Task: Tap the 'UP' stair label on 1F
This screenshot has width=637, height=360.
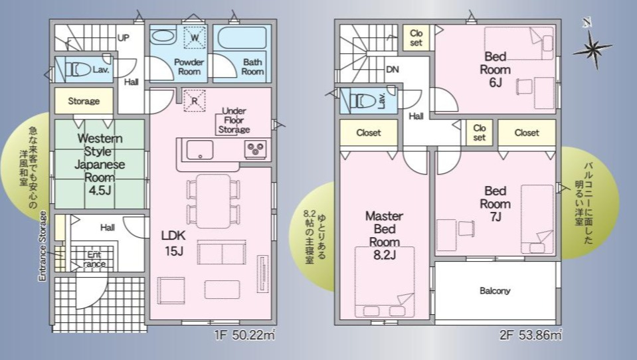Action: click(x=123, y=38)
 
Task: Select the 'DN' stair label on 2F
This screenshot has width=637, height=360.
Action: click(x=392, y=70)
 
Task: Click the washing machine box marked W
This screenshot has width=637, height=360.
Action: click(x=195, y=38)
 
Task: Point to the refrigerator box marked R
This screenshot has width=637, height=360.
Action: click(x=195, y=100)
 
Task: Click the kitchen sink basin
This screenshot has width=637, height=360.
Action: click(x=199, y=150)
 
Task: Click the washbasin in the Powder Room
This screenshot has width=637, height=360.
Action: click(x=163, y=36)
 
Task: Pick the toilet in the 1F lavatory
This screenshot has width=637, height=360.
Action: click(x=78, y=70)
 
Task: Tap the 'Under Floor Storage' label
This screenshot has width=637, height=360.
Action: click(x=234, y=120)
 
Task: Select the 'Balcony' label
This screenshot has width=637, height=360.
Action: click(x=494, y=291)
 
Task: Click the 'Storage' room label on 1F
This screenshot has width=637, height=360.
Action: click(x=84, y=101)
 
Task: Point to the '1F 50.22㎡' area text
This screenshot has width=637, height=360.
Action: click(x=245, y=335)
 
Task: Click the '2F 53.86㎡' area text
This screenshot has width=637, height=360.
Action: click(x=531, y=335)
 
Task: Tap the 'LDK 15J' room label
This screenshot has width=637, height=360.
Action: click(x=173, y=243)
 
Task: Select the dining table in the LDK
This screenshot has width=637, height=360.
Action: click(x=213, y=201)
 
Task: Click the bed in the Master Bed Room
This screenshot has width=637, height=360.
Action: click(x=385, y=282)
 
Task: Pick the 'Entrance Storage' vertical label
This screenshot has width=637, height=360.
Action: click(x=43, y=246)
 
